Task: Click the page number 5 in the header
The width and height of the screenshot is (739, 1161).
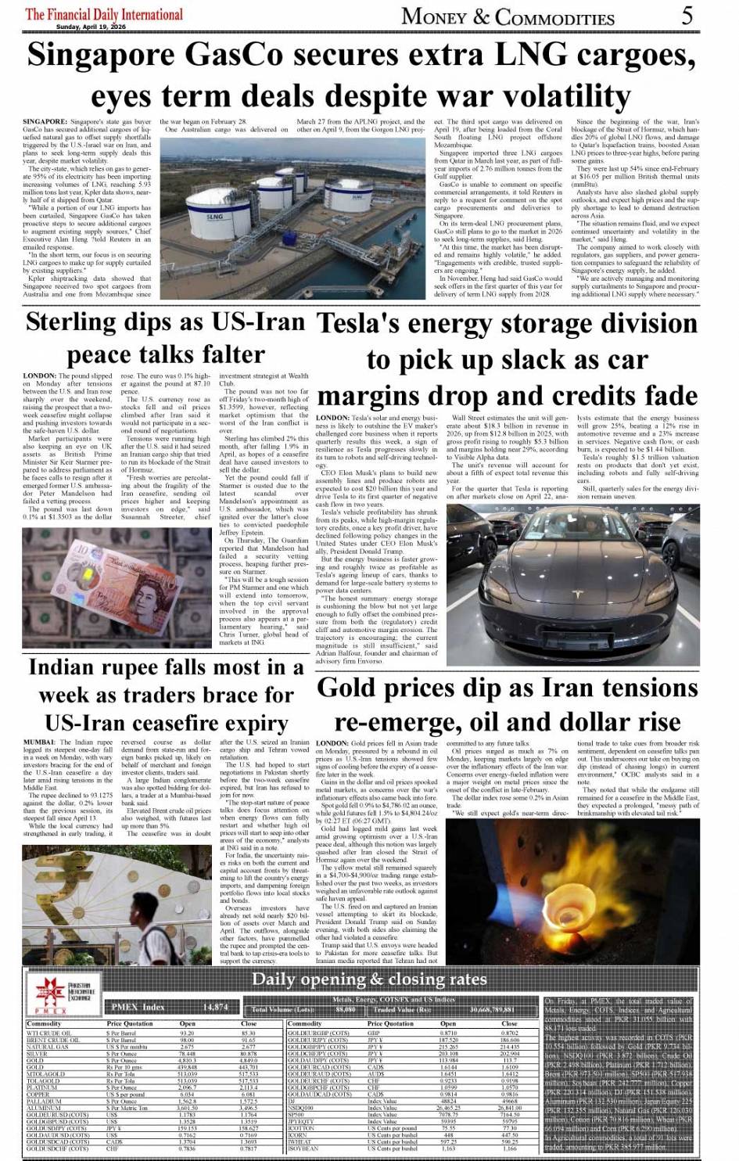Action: click(x=687, y=15)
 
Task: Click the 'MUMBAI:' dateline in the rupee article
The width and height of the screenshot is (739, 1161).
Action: click(x=40, y=742)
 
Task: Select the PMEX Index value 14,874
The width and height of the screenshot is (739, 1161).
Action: click(x=215, y=1007)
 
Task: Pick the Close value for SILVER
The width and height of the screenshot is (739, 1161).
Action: click(x=249, y=1052)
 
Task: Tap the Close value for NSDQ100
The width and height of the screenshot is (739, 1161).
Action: click(x=509, y=1107)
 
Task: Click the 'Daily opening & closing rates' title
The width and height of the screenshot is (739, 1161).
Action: click(x=369, y=979)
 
